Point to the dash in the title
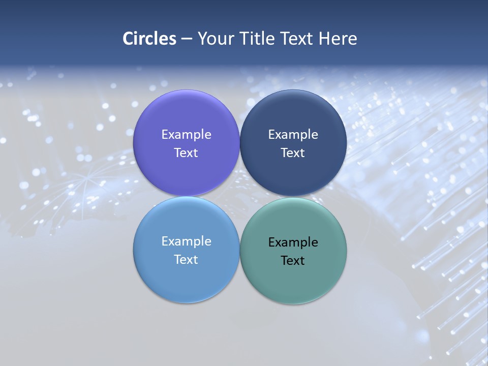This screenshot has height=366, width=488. point(187,39)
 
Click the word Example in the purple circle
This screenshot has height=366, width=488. point(186,135)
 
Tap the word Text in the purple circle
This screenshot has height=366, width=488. point(186,153)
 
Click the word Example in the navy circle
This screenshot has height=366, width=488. point(293,135)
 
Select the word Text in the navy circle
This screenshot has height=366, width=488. point(293,153)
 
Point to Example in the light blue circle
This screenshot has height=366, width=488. point(186,241)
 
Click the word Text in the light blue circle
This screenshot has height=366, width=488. point(186,260)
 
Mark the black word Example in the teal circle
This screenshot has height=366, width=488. point(293,242)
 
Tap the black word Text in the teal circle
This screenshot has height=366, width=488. point(293,261)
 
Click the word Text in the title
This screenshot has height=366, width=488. point(297,39)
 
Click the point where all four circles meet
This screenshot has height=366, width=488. point(240,197)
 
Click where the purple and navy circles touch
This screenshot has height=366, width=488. point(240,143)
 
